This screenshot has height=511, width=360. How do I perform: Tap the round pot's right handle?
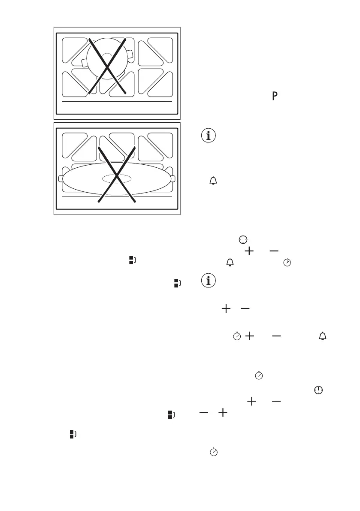[x=129, y=54]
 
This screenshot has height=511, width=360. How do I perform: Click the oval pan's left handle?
[x=61, y=178]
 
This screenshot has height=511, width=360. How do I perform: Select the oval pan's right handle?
[x=173, y=178]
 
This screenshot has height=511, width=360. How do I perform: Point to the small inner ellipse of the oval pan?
[x=116, y=178]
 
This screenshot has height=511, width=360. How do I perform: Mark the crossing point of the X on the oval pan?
[x=117, y=176]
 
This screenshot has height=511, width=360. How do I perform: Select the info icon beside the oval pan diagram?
[x=209, y=136]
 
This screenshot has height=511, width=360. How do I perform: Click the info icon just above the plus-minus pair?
[x=209, y=281]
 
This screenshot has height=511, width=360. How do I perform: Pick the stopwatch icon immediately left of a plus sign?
[x=236, y=337]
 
